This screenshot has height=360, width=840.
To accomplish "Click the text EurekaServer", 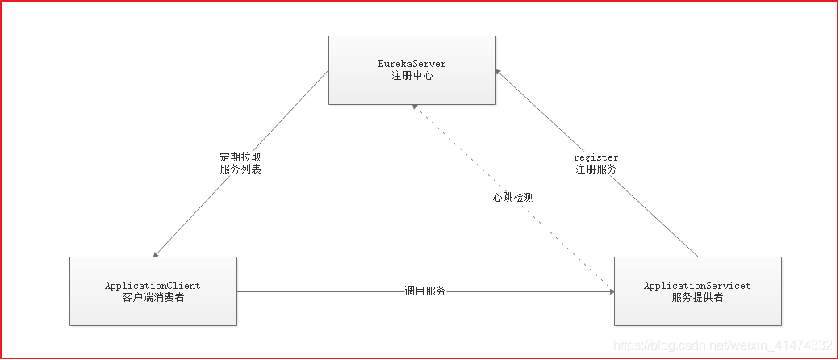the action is click(x=412, y=63).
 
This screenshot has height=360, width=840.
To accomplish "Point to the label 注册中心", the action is click(x=412, y=75).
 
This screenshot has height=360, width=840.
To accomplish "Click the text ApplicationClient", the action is click(x=153, y=286).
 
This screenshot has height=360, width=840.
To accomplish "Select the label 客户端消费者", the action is click(x=153, y=298).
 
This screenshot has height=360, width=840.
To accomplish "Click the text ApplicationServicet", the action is click(x=697, y=286).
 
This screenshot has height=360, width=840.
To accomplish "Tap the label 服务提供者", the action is click(x=697, y=298).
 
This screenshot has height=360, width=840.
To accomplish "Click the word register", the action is click(x=596, y=157).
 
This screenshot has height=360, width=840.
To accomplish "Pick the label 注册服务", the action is click(x=596, y=170).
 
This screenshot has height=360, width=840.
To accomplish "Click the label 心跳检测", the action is click(x=514, y=197).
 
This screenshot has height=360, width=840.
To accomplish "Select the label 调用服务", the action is click(x=425, y=291).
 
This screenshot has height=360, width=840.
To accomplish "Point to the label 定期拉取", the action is click(x=240, y=157).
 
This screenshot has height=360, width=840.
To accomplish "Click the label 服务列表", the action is click(x=240, y=170).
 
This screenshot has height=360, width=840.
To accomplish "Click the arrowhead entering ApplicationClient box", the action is click(x=156, y=253).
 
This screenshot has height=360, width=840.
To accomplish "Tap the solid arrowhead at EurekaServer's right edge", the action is click(x=499, y=70).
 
